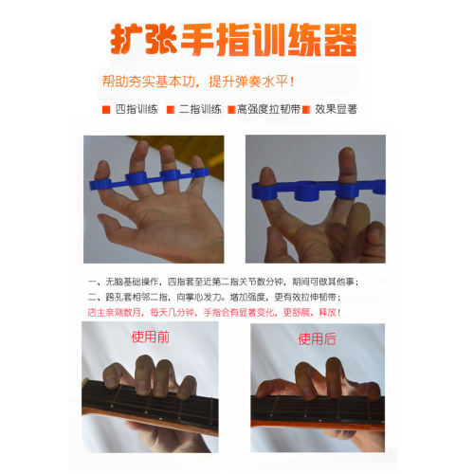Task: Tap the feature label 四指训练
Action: coord(136,110)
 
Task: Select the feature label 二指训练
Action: coord(199,110)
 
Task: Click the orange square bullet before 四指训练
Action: coord(106,110)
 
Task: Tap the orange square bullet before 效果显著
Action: coord(318,110)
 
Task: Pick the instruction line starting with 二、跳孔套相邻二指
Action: coord(222,296)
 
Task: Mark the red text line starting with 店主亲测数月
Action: coord(222,311)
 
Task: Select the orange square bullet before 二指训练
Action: coord(171,110)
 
